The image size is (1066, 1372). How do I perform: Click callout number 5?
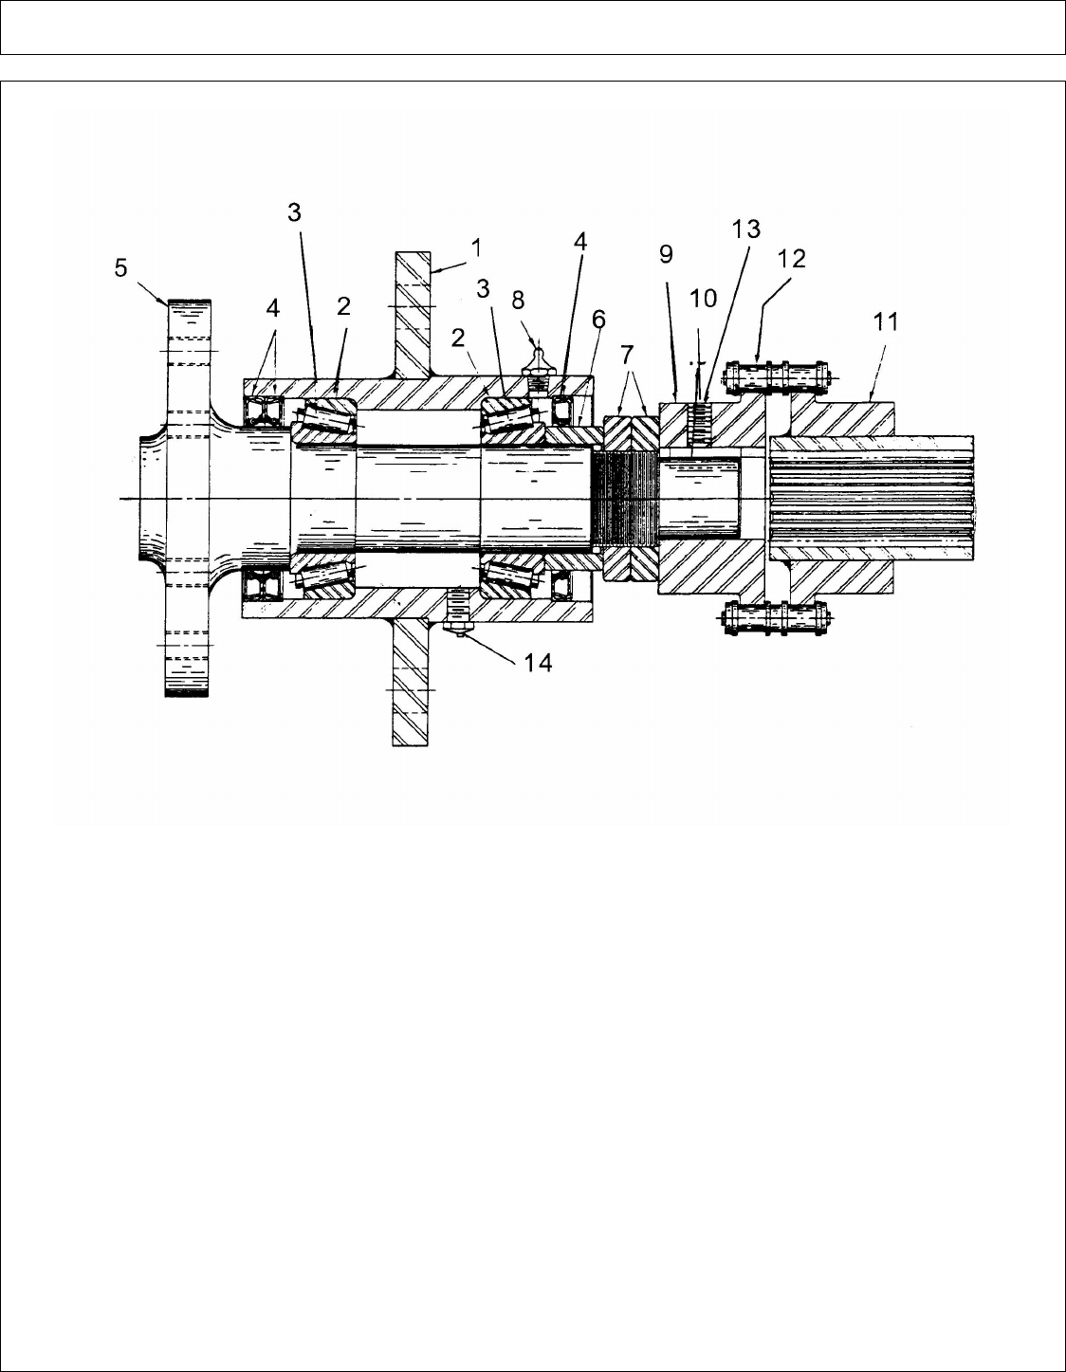(x=120, y=268)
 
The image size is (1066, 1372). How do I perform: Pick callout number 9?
(x=667, y=255)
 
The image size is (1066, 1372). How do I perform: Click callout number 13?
(x=746, y=229)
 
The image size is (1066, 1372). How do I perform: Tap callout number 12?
(x=792, y=259)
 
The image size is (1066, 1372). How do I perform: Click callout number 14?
(x=538, y=662)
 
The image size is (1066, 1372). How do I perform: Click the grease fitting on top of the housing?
(x=538, y=361)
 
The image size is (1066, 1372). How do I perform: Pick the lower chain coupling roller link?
(x=776, y=620)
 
